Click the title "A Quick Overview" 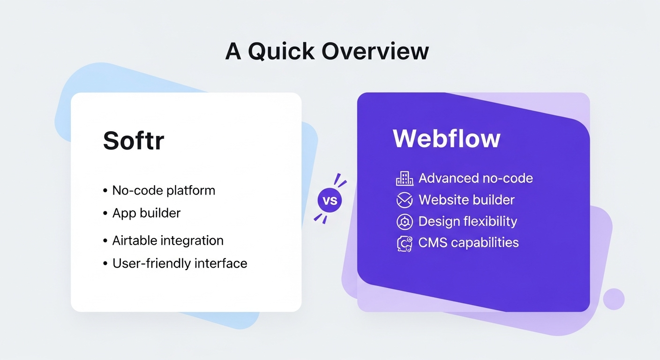327,52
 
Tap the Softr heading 134,140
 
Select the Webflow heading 446,138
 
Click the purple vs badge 330,201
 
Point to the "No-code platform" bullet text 164,191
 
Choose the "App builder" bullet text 146,213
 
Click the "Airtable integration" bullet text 168,240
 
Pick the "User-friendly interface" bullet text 180,263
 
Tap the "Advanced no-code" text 475,178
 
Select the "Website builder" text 466,200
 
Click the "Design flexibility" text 467,221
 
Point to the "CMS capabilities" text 468,243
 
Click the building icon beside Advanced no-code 404,178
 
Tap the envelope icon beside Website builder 404,200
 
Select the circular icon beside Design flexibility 404,222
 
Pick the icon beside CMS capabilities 404,244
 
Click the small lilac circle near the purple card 614,299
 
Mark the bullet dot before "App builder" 105,213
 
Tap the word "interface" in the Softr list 221,263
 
